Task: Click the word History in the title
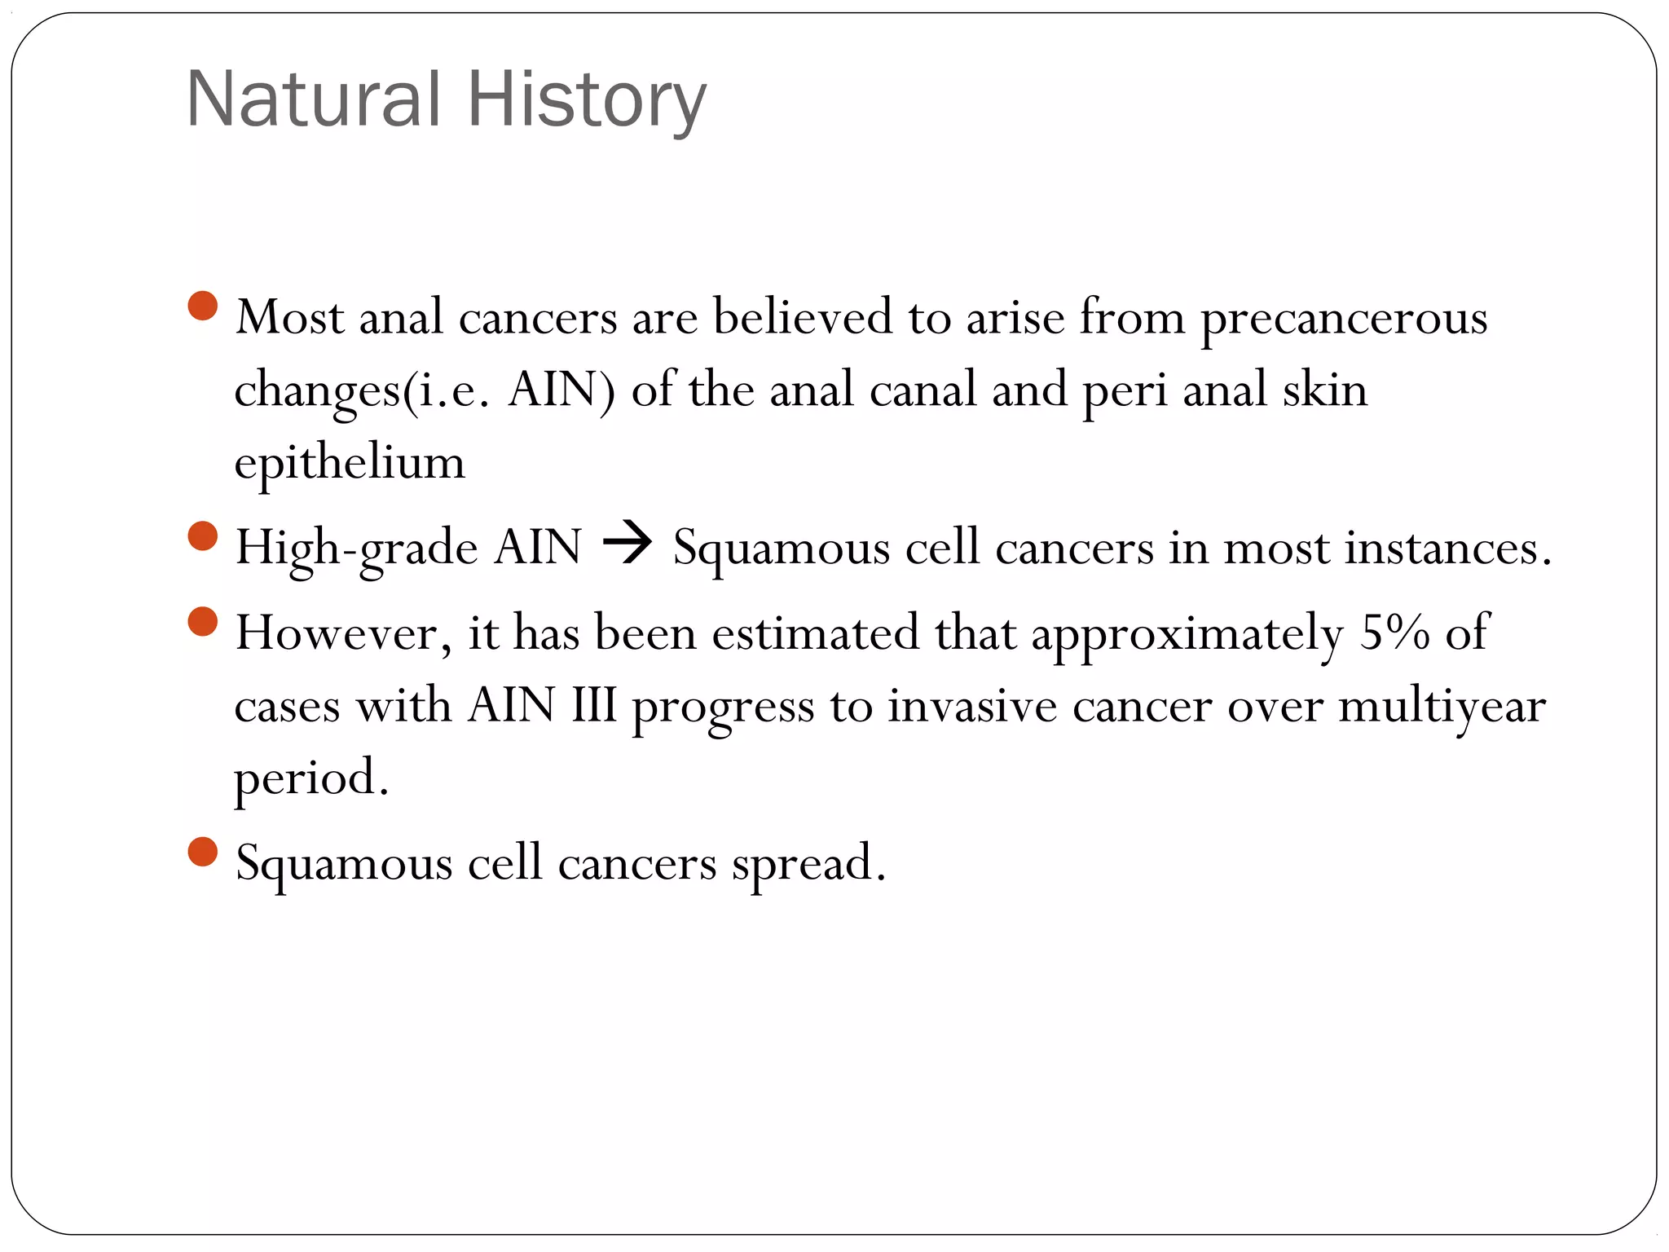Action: pos(586,99)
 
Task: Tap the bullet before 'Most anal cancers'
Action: pos(202,306)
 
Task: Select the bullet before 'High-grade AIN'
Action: pos(202,536)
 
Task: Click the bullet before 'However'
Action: pos(202,621)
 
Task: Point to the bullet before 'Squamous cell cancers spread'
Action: pos(202,852)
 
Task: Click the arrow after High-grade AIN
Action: pos(627,544)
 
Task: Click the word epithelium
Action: pos(350,463)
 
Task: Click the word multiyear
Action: pos(1442,706)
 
